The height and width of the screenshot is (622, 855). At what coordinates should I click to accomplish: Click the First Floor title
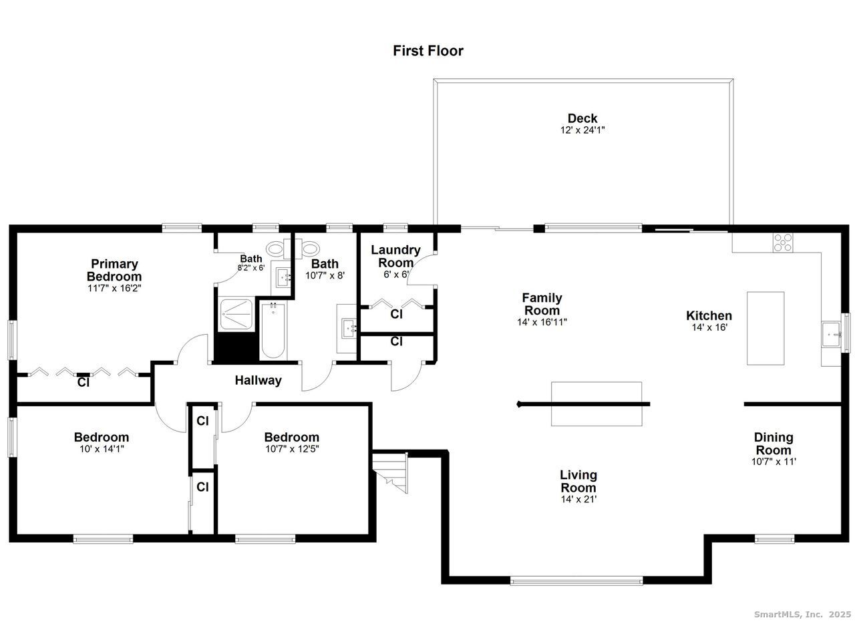428,51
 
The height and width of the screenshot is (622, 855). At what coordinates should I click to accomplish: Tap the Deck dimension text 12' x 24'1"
582,130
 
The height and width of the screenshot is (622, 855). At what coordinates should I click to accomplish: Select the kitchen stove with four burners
782,243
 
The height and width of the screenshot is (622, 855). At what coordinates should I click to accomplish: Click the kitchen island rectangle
765,329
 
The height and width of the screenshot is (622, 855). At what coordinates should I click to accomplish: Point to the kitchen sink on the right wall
831,335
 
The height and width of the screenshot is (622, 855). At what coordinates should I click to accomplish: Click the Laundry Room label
395,256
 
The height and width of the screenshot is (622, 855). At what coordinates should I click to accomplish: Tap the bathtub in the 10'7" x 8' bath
273,330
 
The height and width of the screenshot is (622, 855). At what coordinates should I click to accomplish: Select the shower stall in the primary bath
236,315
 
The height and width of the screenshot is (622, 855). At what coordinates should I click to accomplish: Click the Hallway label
258,380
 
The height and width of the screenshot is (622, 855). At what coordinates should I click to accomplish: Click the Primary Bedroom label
114,270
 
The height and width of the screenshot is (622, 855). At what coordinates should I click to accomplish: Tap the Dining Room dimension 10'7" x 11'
774,462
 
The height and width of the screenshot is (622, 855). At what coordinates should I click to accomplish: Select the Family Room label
542,304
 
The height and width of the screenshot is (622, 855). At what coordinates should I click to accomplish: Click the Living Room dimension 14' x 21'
578,499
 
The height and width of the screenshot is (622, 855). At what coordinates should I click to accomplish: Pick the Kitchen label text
709,316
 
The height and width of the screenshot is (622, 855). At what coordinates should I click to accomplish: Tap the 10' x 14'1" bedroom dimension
102,449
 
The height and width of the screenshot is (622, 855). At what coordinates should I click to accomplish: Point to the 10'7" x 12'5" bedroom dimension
292,449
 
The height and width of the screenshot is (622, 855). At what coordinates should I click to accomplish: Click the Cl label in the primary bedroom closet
83,382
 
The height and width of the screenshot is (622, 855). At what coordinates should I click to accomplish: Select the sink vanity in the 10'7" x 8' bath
347,329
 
